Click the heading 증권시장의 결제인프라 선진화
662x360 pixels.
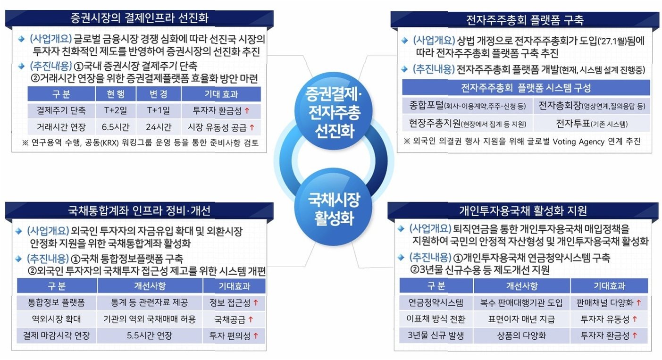pyautogui.click(x=139, y=18)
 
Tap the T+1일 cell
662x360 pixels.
pyautogui.click(x=159, y=111)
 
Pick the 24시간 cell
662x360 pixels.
pyautogui.click(x=159, y=127)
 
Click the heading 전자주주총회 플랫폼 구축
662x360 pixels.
pyautogui.click(x=524, y=20)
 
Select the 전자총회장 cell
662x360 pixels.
pyautogui.click(x=592, y=105)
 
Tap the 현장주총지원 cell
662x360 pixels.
pyautogui.click(x=467, y=123)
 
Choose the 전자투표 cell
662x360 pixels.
pyautogui.click(x=592, y=123)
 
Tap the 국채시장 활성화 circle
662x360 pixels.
pyautogui.click(x=333, y=208)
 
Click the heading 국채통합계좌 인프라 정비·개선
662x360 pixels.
pyautogui.click(x=139, y=210)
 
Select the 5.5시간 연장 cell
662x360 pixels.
pyautogui.click(x=150, y=336)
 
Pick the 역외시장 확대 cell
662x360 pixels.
pyautogui.click(x=56, y=318)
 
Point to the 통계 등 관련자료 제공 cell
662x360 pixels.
pyautogui.click(x=150, y=302)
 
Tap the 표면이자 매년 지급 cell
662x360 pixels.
pyautogui.click(x=522, y=318)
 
